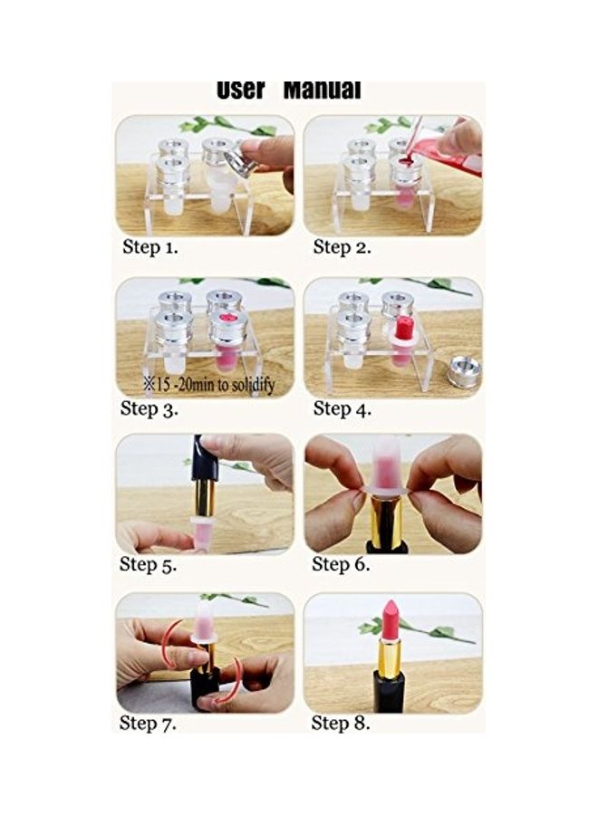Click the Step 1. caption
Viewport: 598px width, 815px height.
(150, 247)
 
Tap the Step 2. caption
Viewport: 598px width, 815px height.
(342, 247)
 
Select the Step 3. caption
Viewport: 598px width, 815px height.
(149, 408)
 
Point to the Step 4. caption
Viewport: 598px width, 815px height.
(342, 408)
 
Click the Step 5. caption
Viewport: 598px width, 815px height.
(149, 564)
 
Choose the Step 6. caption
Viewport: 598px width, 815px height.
(341, 564)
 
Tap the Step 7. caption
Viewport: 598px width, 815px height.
(148, 723)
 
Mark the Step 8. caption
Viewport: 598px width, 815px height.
(341, 723)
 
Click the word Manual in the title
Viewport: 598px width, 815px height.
(322, 90)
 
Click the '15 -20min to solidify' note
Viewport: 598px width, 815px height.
(209, 385)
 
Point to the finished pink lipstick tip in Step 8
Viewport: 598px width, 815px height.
(391, 619)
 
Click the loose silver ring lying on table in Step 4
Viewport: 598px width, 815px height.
(464, 371)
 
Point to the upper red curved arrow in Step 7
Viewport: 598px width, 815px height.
(171, 639)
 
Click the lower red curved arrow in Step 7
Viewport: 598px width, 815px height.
(232, 681)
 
